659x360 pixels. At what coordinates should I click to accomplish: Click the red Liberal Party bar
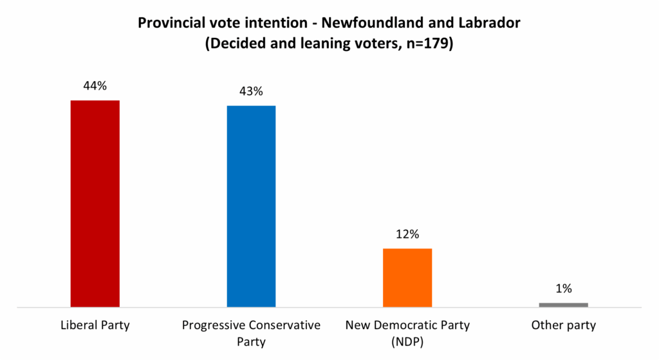coord(95,204)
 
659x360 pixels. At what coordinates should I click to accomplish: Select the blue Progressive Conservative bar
coord(251,206)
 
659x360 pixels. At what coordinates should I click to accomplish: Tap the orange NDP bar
coord(407,278)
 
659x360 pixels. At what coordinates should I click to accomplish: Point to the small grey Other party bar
coord(563,305)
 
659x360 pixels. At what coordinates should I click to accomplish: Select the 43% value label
coord(251,91)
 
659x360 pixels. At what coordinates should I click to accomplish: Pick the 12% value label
coord(407,234)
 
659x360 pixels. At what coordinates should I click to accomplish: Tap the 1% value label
coord(564,289)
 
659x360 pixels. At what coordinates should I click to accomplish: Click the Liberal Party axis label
coord(94,325)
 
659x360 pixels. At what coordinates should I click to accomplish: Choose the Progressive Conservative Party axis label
coord(251,333)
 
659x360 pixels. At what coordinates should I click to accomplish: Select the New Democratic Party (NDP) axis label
coord(407,333)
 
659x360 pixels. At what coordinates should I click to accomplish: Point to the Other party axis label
coord(564,325)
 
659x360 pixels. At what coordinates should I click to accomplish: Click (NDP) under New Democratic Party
coord(407,341)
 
